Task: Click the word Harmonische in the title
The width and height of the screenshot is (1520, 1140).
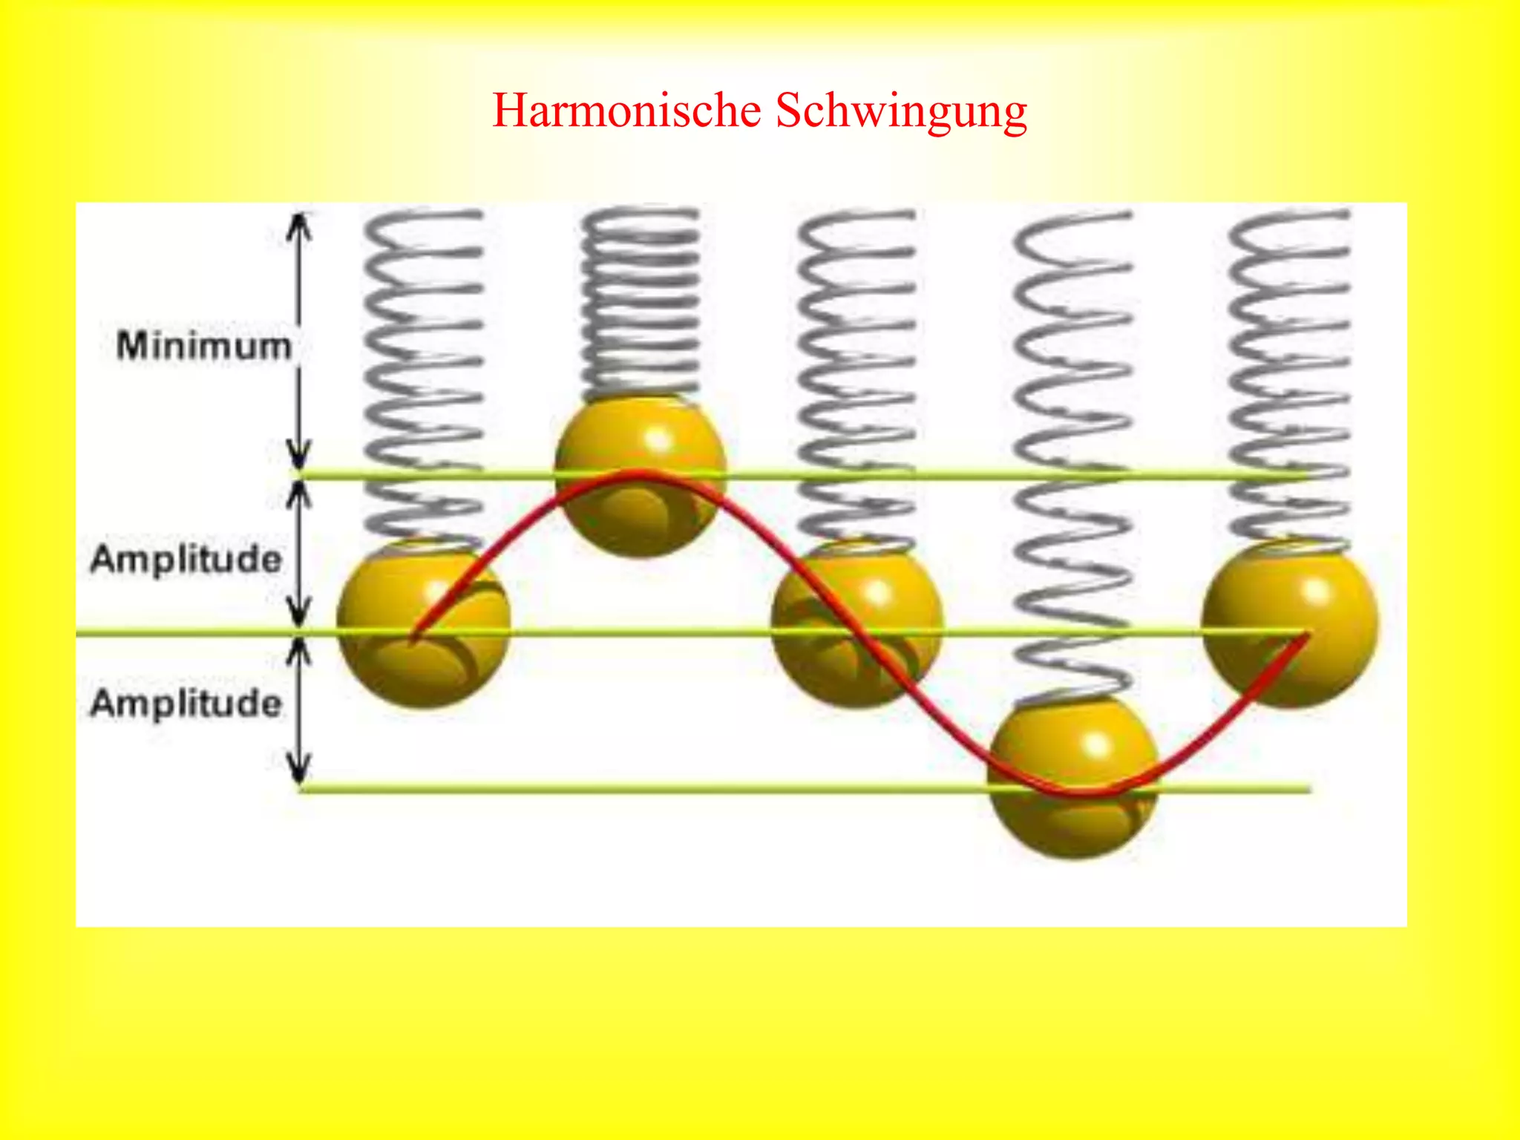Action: tap(627, 111)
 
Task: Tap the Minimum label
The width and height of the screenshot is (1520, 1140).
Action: tap(203, 347)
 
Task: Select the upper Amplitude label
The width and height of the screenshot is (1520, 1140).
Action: tap(186, 559)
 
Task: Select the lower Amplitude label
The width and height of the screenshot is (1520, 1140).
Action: tap(186, 703)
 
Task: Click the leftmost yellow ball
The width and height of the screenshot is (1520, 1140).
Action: tap(423, 623)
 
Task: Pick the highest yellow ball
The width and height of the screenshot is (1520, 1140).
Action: tap(640, 475)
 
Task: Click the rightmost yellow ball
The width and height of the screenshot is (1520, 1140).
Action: tap(1290, 623)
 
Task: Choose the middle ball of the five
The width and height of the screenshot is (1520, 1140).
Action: tap(856, 623)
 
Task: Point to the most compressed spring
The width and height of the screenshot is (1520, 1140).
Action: tap(640, 301)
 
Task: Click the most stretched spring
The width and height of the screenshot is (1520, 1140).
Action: tap(1073, 453)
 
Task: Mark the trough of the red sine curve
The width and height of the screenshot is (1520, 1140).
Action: tap(1080, 793)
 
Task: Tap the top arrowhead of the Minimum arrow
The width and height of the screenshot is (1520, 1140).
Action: tap(299, 223)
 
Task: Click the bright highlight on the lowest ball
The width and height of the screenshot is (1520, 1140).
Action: tap(1097, 744)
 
